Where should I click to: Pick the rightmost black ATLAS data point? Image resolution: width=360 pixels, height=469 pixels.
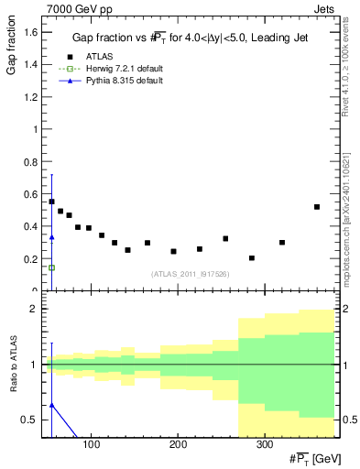click(x=317, y=207)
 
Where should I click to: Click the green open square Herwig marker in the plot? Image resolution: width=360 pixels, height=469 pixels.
click(x=51, y=267)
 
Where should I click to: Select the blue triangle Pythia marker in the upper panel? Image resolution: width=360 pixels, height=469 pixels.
click(x=51, y=237)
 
